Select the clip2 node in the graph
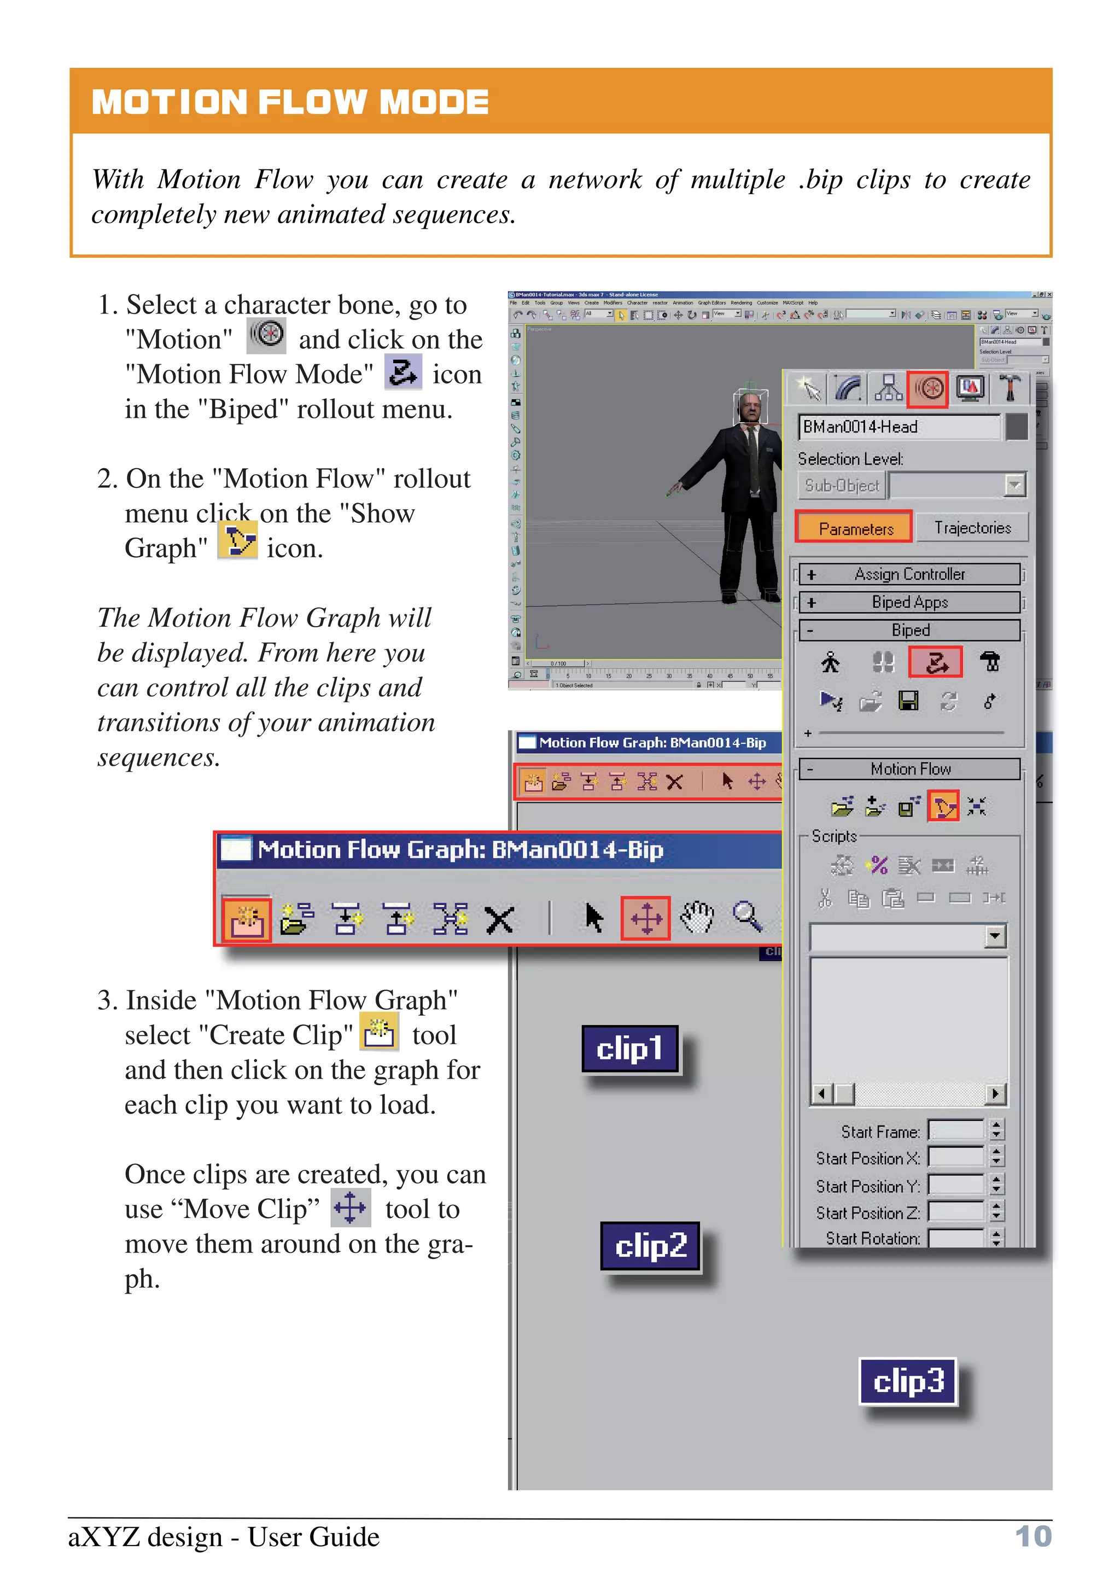(650, 1246)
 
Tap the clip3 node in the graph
(907, 1382)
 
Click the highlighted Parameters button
(854, 528)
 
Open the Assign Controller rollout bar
(909, 574)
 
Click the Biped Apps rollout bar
(909, 602)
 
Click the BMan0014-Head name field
(899, 427)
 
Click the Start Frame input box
(956, 1131)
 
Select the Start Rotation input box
(956, 1238)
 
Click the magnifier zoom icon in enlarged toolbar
(746, 917)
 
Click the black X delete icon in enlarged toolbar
(499, 919)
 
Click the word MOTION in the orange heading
(169, 102)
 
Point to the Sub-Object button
(841, 485)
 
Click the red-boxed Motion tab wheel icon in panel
(927, 389)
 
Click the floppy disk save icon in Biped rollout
(908, 701)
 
